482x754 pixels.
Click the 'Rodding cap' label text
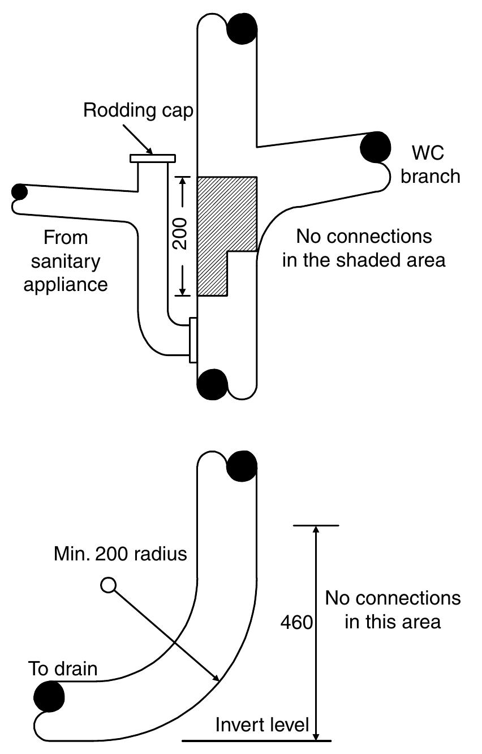138,110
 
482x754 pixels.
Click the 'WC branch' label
430,164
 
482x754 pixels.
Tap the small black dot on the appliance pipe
19,191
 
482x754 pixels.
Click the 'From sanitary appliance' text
66,260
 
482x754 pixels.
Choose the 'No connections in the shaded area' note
364,248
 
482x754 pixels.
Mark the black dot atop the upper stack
242,28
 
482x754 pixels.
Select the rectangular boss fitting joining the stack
193,340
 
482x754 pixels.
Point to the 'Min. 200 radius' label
120,553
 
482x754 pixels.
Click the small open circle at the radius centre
108,585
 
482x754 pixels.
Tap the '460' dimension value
296,623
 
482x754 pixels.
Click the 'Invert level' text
262,725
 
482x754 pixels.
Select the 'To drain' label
63,669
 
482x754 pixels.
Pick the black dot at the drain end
49,696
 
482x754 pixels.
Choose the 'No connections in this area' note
393,610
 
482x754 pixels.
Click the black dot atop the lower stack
242,466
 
